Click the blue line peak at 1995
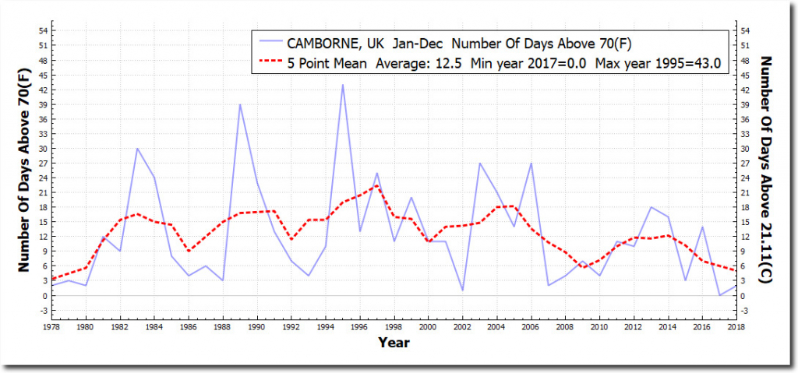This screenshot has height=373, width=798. point(342,84)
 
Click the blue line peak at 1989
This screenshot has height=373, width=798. point(239,104)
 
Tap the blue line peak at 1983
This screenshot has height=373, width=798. point(137,148)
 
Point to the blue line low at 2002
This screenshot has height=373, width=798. point(462,290)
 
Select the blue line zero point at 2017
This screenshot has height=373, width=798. point(719,295)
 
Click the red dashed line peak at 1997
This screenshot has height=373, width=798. point(376,185)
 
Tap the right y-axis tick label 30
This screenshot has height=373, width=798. point(747,149)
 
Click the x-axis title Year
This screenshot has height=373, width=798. point(394,343)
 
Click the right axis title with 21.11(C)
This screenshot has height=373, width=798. point(766,171)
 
